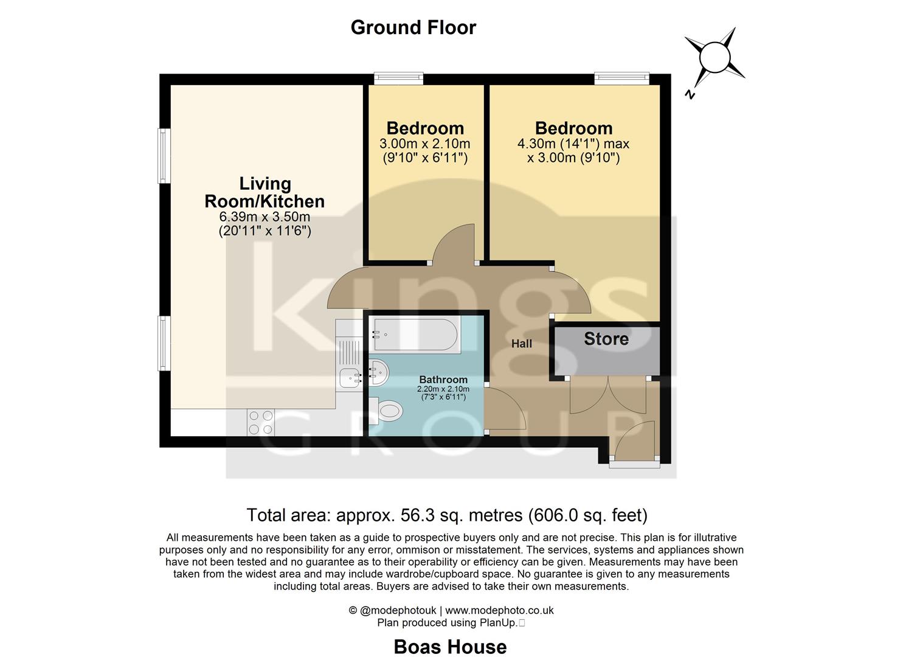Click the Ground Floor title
(413, 27)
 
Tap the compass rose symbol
(714, 58)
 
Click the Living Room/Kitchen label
(265, 192)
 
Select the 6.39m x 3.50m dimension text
(265, 217)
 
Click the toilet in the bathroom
(388, 411)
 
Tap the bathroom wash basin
(378, 372)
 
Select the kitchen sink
(350, 378)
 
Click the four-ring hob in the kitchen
(260, 422)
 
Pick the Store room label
(606, 339)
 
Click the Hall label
(521, 344)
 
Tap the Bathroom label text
(443, 380)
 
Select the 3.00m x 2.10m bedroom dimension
(424, 144)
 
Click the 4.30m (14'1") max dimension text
(573, 144)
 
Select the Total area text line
(447, 515)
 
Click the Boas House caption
(450, 646)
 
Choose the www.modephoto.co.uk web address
(499, 610)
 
